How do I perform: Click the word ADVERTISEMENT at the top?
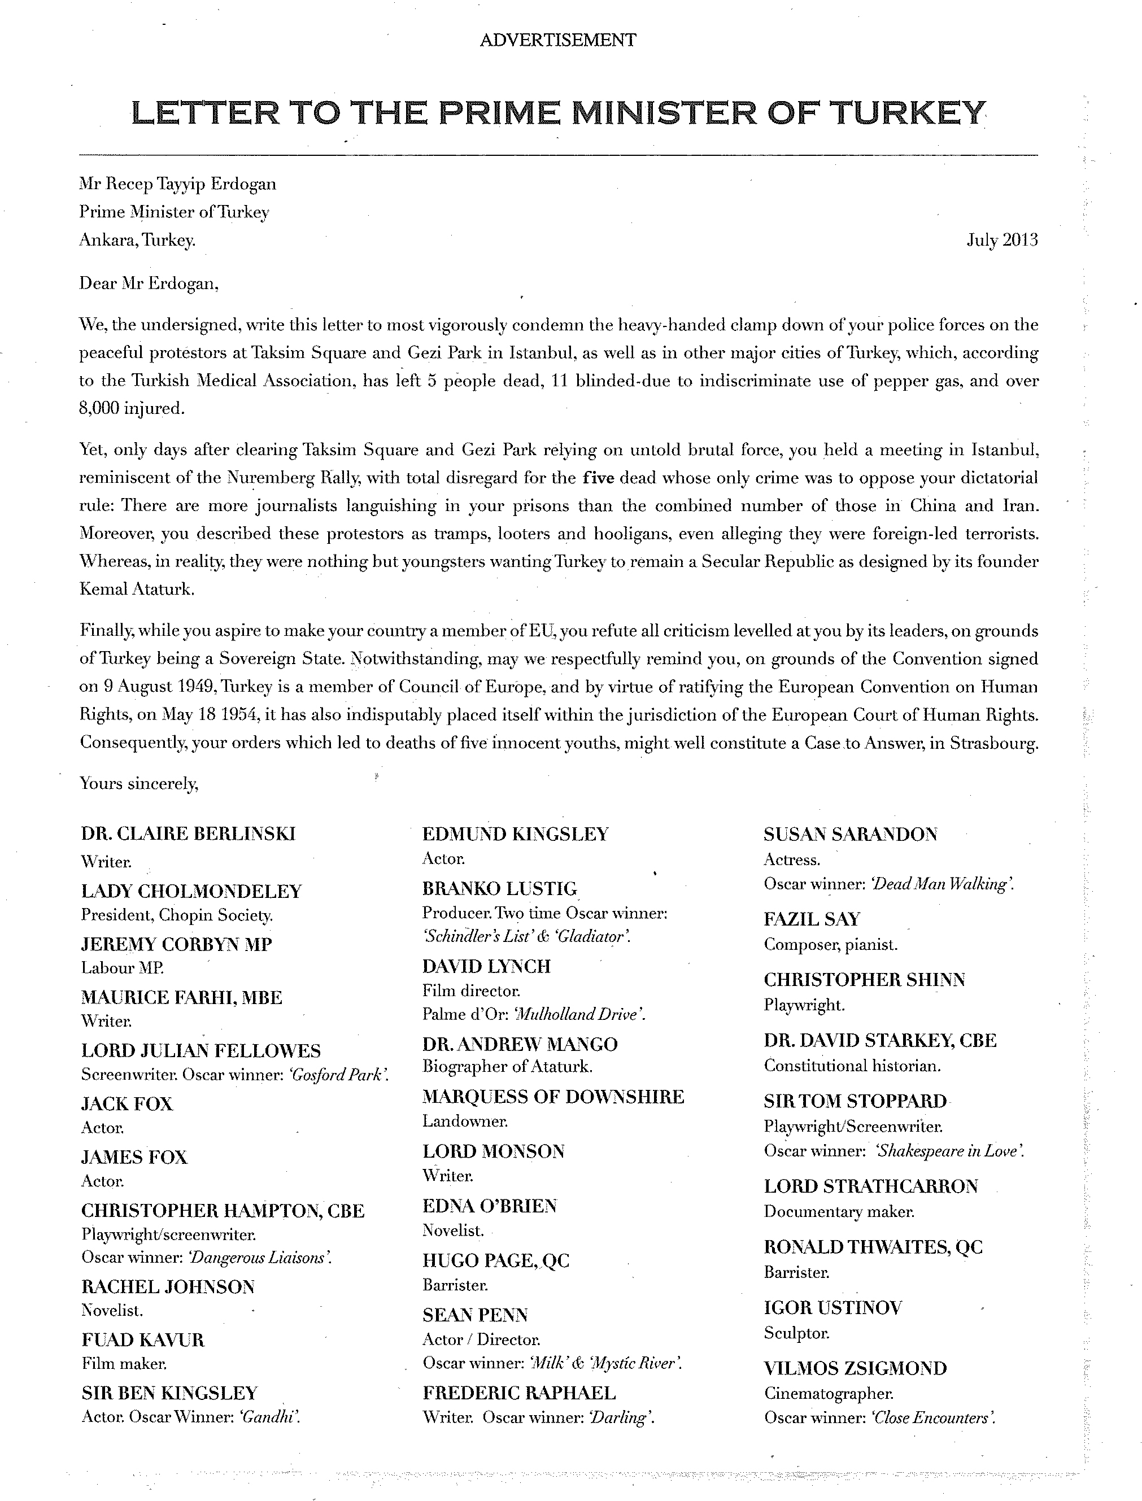click(557, 40)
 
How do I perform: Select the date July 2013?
click(1002, 240)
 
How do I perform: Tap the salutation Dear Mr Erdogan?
click(149, 283)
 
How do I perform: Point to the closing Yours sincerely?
click(139, 783)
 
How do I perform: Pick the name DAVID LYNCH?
click(486, 966)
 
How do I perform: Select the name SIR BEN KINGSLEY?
click(169, 1393)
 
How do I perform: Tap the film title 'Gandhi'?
click(266, 1417)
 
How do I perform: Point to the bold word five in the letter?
click(598, 478)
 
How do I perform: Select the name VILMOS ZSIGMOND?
click(855, 1368)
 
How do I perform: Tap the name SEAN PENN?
click(474, 1315)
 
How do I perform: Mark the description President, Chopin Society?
click(177, 915)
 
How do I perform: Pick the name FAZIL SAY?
click(812, 919)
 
